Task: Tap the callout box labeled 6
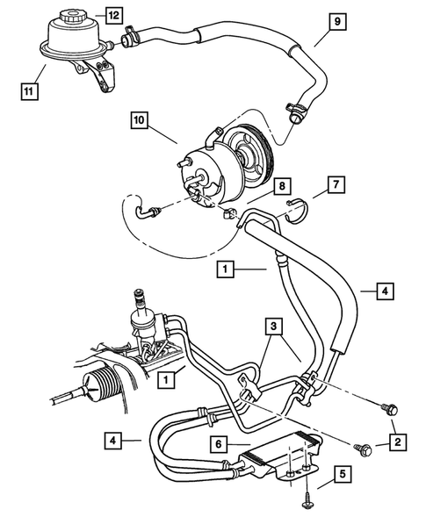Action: point(218,445)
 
